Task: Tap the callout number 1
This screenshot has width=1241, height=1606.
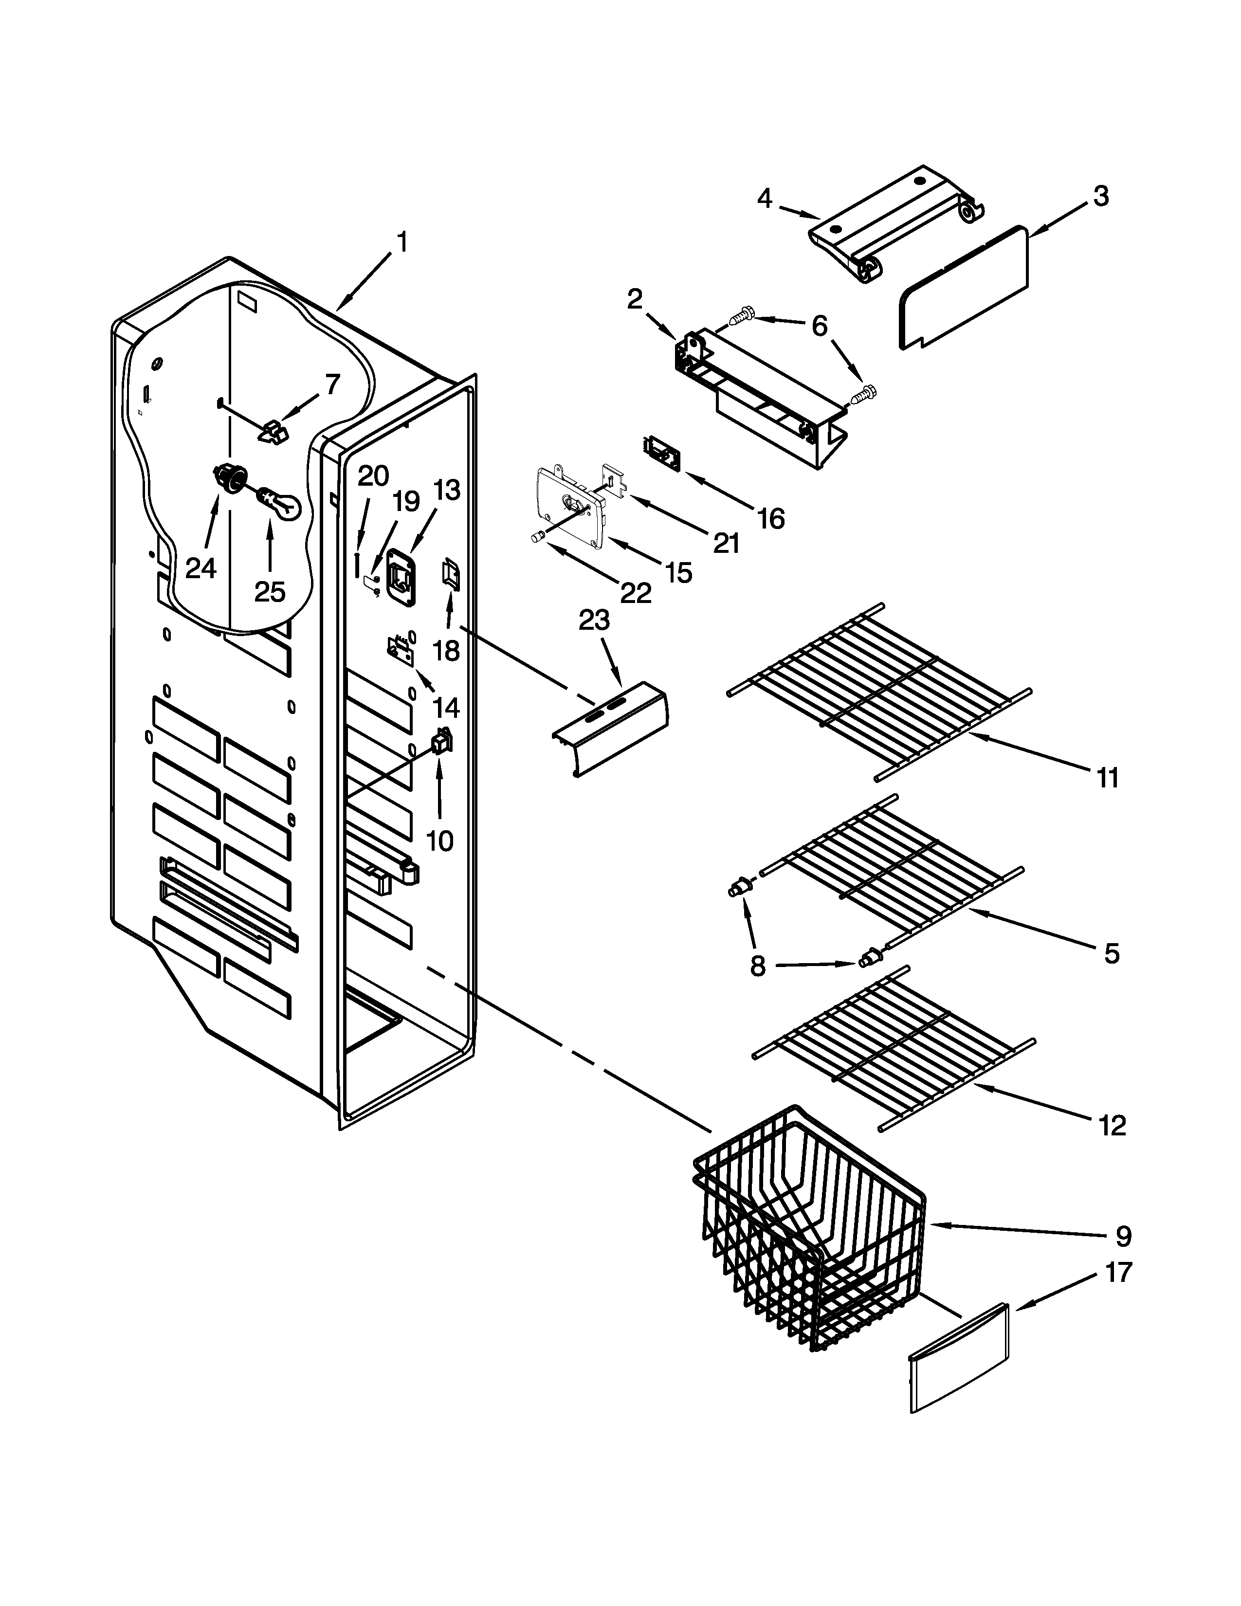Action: [x=401, y=243]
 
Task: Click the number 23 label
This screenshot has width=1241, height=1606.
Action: [x=594, y=620]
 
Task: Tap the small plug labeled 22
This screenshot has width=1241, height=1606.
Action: [x=536, y=539]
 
